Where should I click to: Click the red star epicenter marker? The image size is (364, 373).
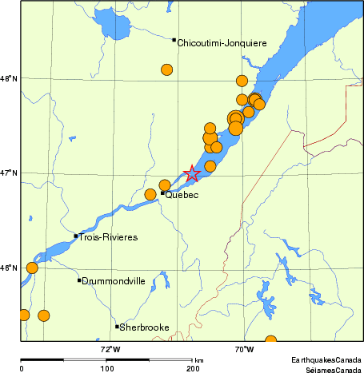[192, 173]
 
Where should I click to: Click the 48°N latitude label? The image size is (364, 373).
[10, 78]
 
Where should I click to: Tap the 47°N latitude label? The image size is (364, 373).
[10, 173]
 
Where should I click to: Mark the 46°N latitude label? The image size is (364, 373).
[10, 267]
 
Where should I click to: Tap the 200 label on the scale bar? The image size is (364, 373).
[193, 368]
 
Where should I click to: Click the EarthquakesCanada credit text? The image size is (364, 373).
[325, 361]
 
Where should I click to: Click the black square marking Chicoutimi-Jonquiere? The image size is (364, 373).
[174, 40]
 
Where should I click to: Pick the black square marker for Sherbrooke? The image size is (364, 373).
[117, 326]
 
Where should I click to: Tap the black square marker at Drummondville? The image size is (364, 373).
[79, 280]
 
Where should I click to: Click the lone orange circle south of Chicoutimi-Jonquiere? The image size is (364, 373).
[167, 69]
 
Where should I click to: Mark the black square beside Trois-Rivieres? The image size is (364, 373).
[75, 236]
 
